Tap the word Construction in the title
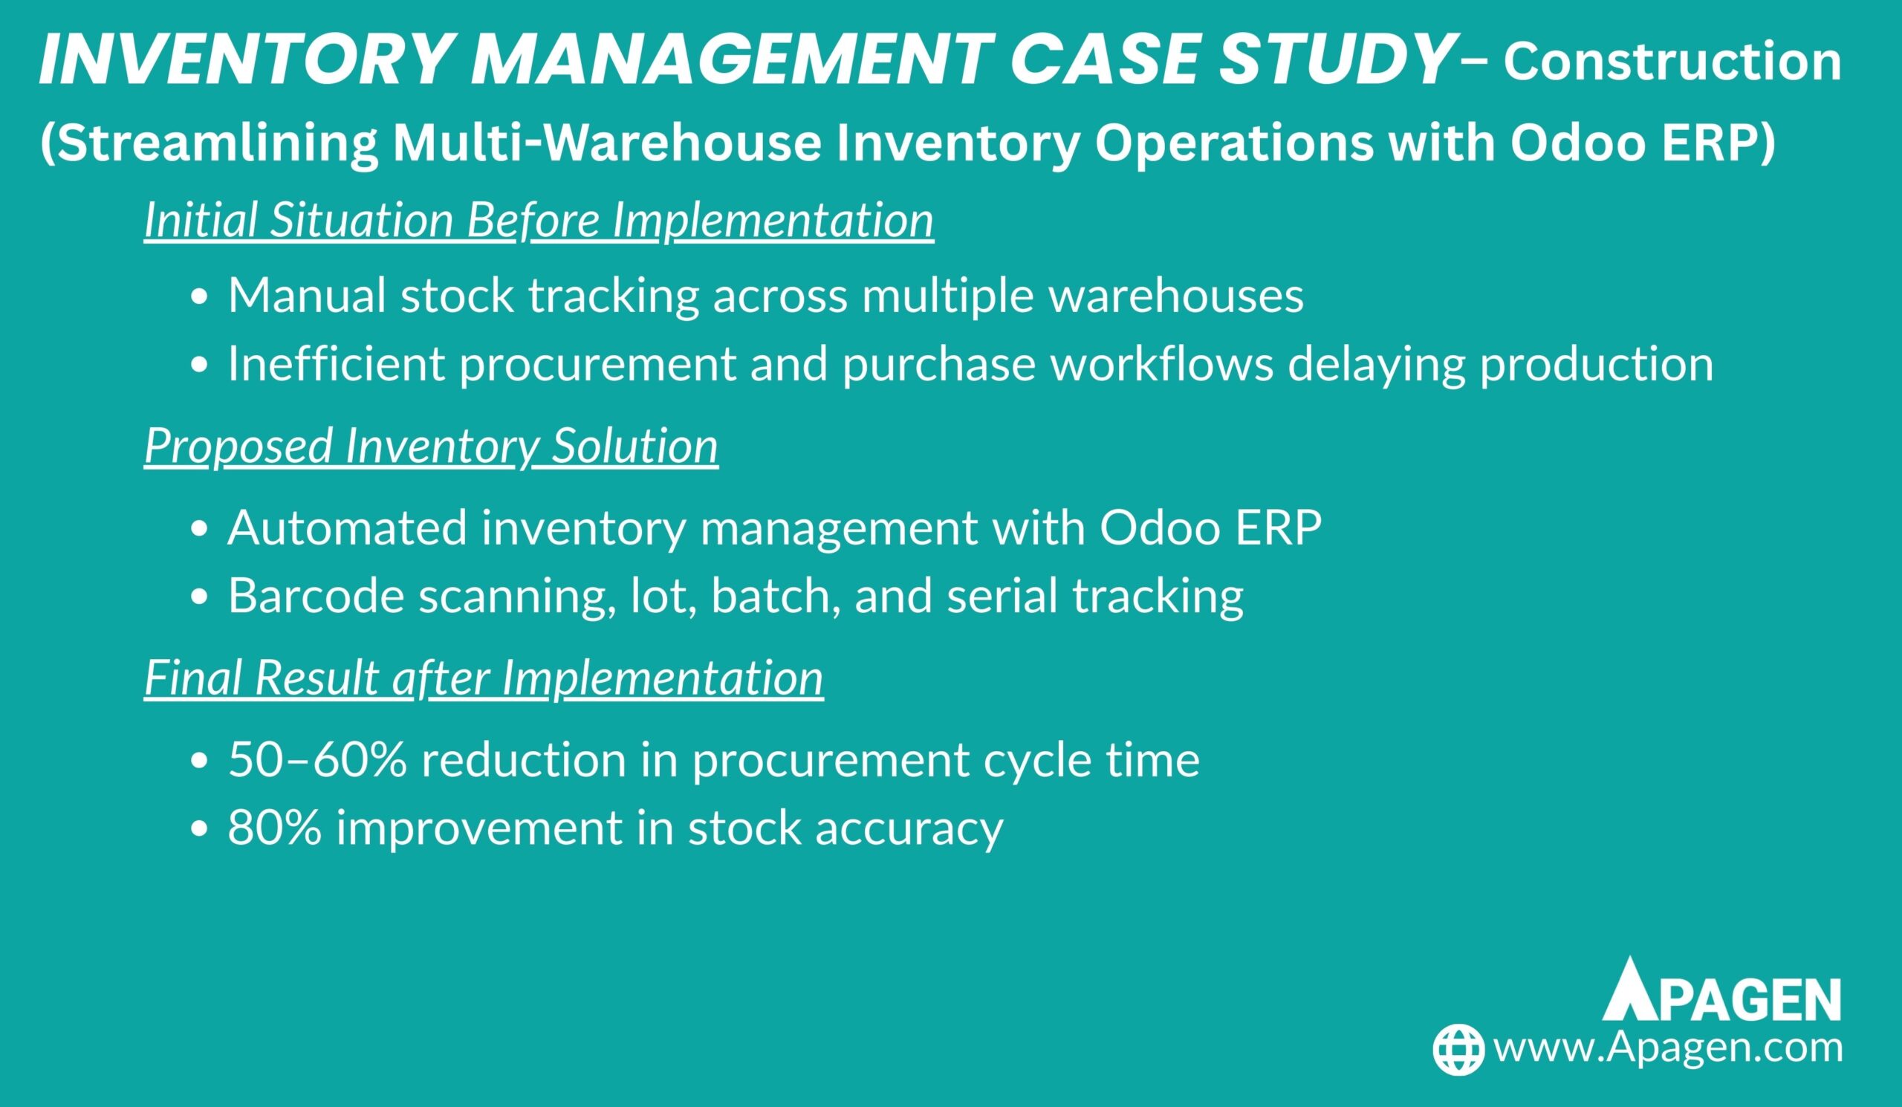[x=1672, y=62]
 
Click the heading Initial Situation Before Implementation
[x=539, y=220]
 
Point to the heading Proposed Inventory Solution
[x=431, y=445]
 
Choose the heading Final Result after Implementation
[x=484, y=677]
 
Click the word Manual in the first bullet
[x=307, y=294]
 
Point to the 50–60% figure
[x=318, y=759]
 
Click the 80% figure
[x=275, y=827]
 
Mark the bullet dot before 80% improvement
[x=199, y=829]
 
